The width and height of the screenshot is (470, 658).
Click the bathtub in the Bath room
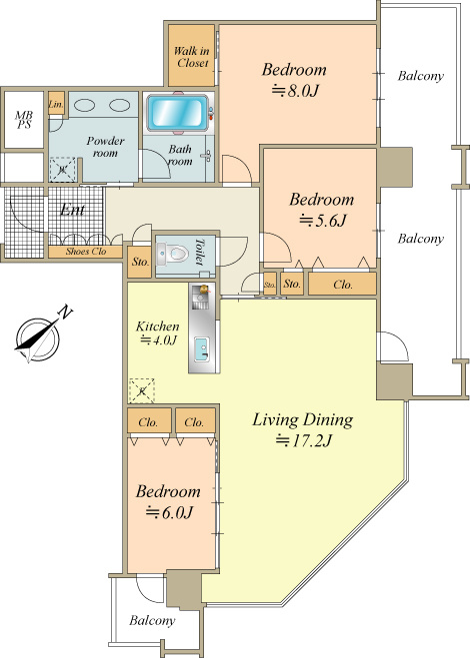[178, 113]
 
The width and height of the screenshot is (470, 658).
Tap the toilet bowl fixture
[173, 254]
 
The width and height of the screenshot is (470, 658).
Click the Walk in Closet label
[192, 57]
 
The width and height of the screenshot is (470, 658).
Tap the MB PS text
[24, 120]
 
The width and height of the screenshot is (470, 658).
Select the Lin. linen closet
[56, 104]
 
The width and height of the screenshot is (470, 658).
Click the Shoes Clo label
[86, 252]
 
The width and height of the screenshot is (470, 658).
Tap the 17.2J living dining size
[304, 440]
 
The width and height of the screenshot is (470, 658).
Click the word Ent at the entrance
[72, 210]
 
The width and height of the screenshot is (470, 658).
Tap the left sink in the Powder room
[87, 105]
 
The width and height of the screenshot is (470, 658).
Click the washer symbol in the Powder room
[62, 170]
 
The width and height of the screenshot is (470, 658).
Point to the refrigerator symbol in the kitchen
[142, 391]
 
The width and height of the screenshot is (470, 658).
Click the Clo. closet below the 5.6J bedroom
[342, 285]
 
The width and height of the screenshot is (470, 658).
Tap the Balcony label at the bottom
[152, 620]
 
